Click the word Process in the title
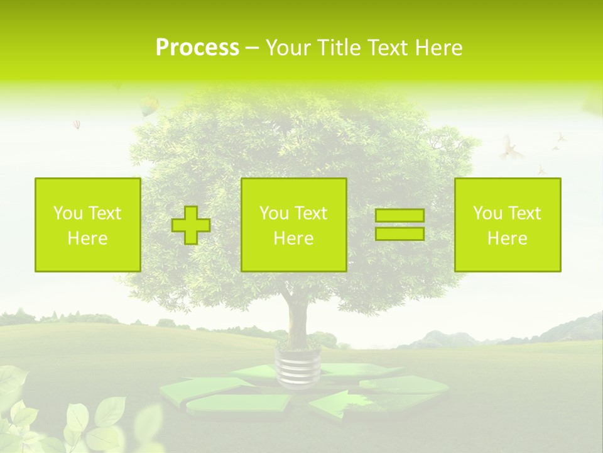[x=197, y=48]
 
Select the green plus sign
[x=191, y=225]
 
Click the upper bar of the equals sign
[x=399, y=215]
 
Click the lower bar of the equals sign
[x=399, y=233]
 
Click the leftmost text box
[x=87, y=225]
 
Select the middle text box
[x=293, y=225]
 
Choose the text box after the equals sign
[x=508, y=225]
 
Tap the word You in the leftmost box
[x=67, y=213]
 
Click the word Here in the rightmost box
[x=508, y=238]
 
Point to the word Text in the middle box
[x=311, y=213]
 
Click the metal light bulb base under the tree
[x=298, y=368]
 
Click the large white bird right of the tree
[x=511, y=148]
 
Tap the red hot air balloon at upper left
[x=77, y=124]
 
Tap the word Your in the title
[x=288, y=48]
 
